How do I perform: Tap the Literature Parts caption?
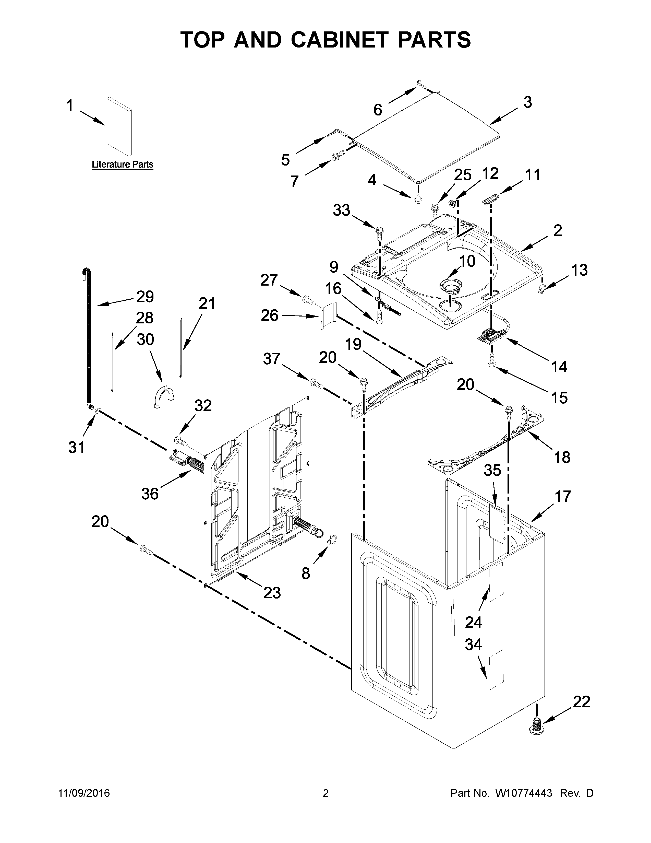point(122,165)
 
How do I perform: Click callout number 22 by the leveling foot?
point(581,702)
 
